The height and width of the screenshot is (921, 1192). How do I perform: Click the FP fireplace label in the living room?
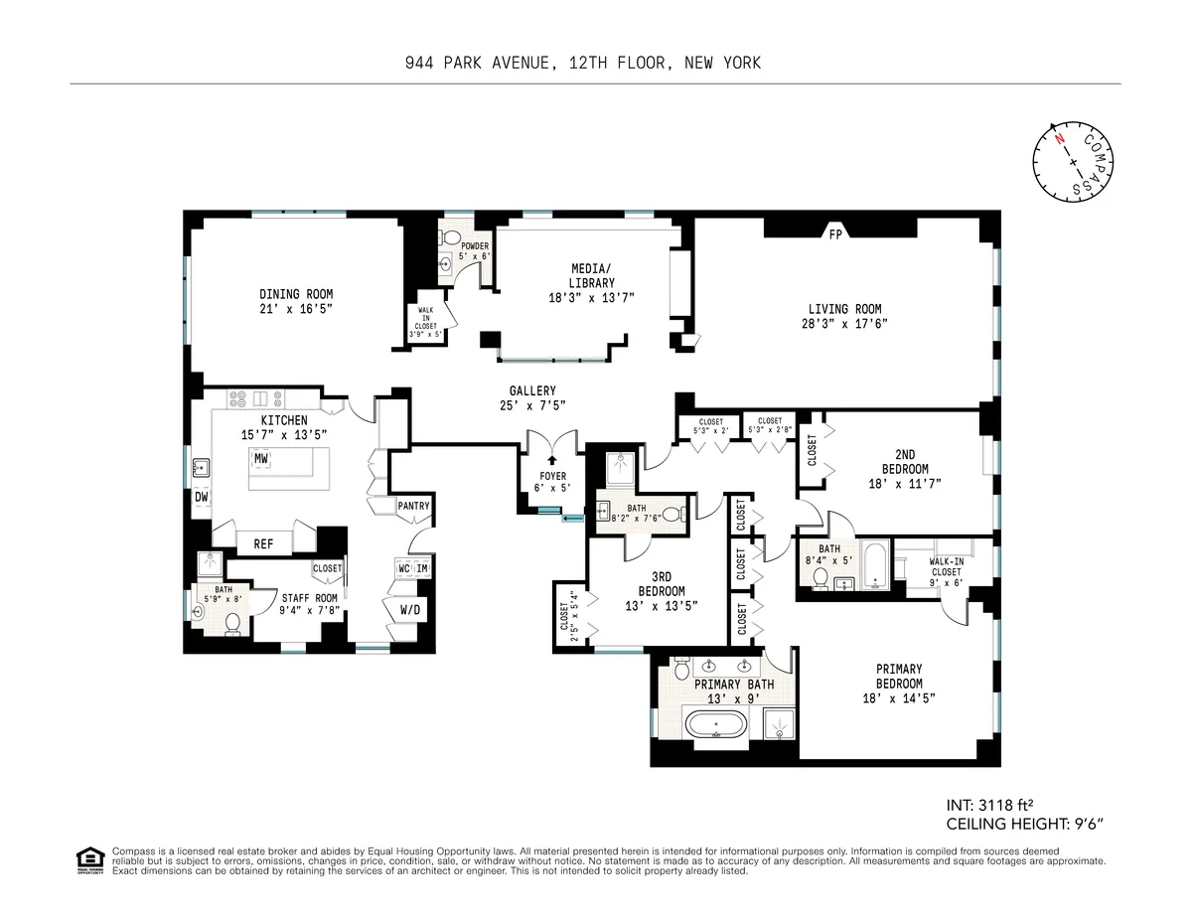[x=834, y=235]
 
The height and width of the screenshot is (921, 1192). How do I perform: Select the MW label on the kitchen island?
[x=261, y=458]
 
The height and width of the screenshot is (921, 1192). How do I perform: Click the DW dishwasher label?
[x=201, y=497]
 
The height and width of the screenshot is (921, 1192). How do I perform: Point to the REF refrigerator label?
[x=263, y=543]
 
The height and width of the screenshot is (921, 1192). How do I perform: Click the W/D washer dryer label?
[x=409, y=609]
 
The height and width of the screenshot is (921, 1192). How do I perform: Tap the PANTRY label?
[x=413, y=506]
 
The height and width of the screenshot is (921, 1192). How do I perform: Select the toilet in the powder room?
[x=450, y=239]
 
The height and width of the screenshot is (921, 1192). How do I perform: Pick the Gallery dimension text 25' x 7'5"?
[x=527, y=404]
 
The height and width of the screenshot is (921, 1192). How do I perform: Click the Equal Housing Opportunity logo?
[x=89, y=860]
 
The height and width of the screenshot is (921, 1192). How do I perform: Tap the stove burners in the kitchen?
[x=239, y=400]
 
